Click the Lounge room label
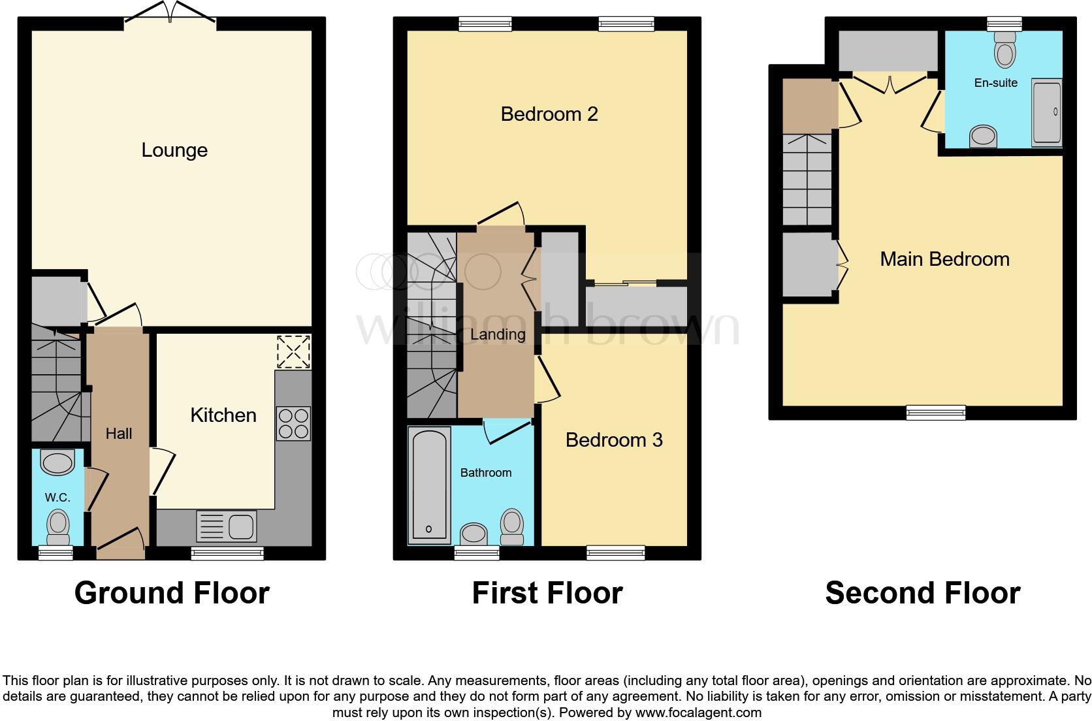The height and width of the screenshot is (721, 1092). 174,150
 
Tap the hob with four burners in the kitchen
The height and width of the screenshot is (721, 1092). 293,424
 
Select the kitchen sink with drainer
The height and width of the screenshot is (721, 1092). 226,526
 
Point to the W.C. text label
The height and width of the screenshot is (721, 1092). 57,498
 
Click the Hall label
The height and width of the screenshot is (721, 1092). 119,434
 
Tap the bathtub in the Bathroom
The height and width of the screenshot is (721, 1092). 429,485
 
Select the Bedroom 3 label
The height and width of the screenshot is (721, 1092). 614,440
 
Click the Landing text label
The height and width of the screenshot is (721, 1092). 498,334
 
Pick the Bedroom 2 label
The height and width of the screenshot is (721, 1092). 549,114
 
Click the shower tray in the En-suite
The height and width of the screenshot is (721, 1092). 1046,112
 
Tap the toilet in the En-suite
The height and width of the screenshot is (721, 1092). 1004,50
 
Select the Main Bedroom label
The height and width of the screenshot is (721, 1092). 944,259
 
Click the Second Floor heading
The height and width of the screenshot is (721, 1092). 922,593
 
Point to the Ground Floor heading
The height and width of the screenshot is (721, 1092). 172,593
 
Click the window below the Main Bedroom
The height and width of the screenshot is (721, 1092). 935,412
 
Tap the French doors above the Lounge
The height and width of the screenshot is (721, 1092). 170,16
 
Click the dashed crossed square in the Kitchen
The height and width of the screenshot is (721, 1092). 293,352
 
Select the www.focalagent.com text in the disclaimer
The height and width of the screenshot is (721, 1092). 698,713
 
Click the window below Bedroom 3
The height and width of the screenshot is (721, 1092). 615,553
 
